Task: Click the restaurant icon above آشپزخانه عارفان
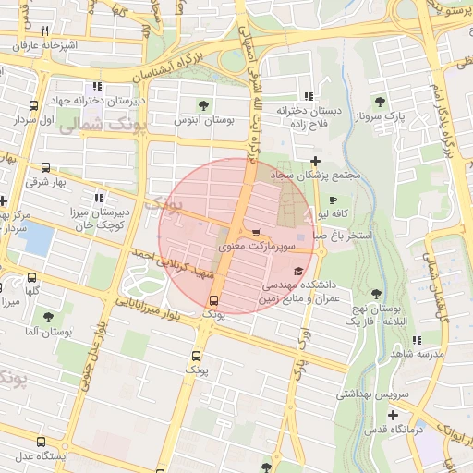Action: (44, 30)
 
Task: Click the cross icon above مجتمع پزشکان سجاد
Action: (315, 162)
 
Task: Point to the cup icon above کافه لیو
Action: (333, 200)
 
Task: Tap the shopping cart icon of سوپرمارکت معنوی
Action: (255, 233)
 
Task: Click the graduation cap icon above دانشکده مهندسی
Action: (297, 271)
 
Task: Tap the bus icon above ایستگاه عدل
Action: (41, 442)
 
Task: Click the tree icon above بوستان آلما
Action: (47, 316)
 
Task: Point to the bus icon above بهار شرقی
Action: (46, 167)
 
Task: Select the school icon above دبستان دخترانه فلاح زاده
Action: (309, 96)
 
